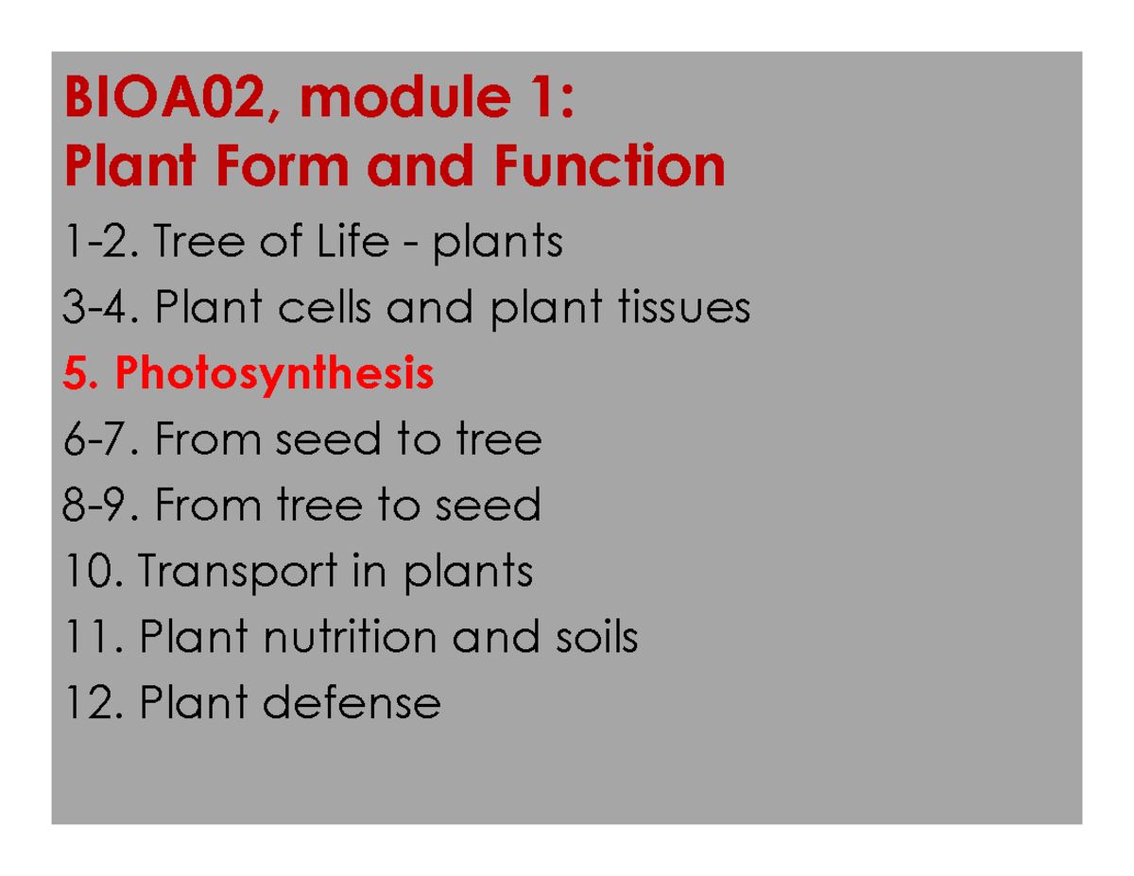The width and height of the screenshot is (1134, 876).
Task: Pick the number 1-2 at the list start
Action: click(x=92, y=244)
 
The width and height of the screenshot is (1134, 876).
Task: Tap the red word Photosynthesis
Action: click(x=275, y=375)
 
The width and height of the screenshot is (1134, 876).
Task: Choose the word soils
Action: click(x=595, y=638)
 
